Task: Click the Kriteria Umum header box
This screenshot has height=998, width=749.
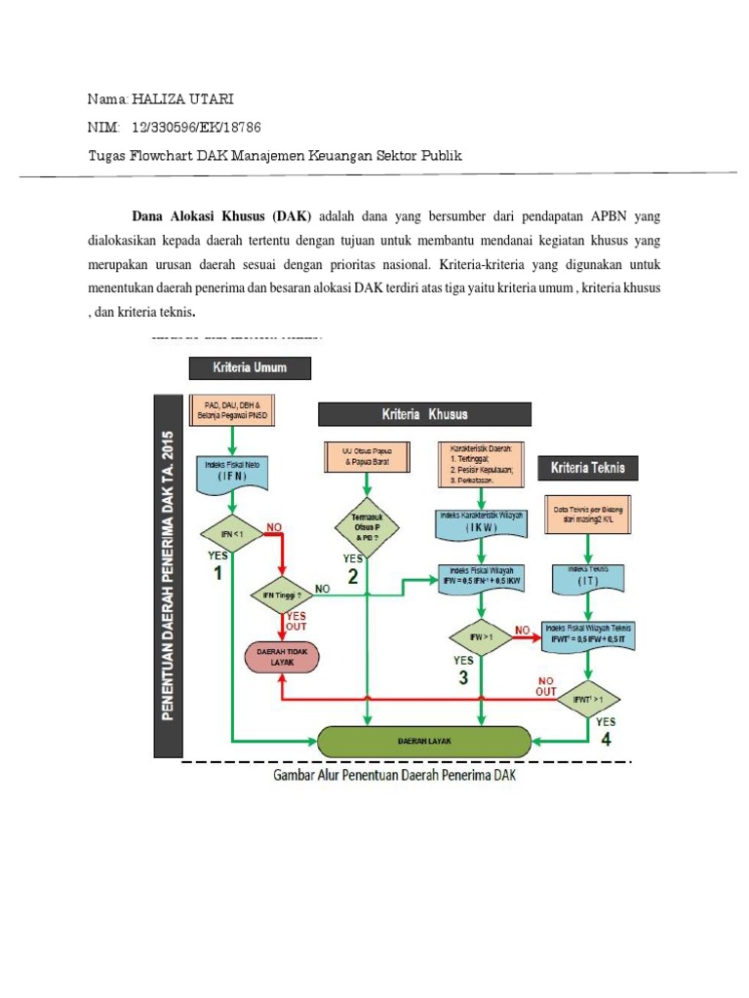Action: point(251,367)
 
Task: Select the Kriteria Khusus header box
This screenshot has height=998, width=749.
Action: point(424,414)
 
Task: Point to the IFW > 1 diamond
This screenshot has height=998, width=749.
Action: point(480,637)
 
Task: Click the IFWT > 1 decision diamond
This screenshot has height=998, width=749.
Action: point(587,698)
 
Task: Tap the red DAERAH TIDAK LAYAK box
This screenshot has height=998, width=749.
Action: point(282,655)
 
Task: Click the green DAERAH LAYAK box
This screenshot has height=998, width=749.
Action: point(424,741)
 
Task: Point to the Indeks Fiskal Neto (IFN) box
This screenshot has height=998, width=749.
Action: point(232,473)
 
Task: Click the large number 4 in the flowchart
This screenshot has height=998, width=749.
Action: point(606,739)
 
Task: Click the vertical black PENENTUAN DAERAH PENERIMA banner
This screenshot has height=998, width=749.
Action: point(168,575)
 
